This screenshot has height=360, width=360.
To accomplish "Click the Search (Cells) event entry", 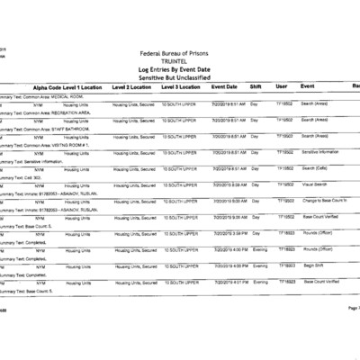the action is click(x=315, y=168).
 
